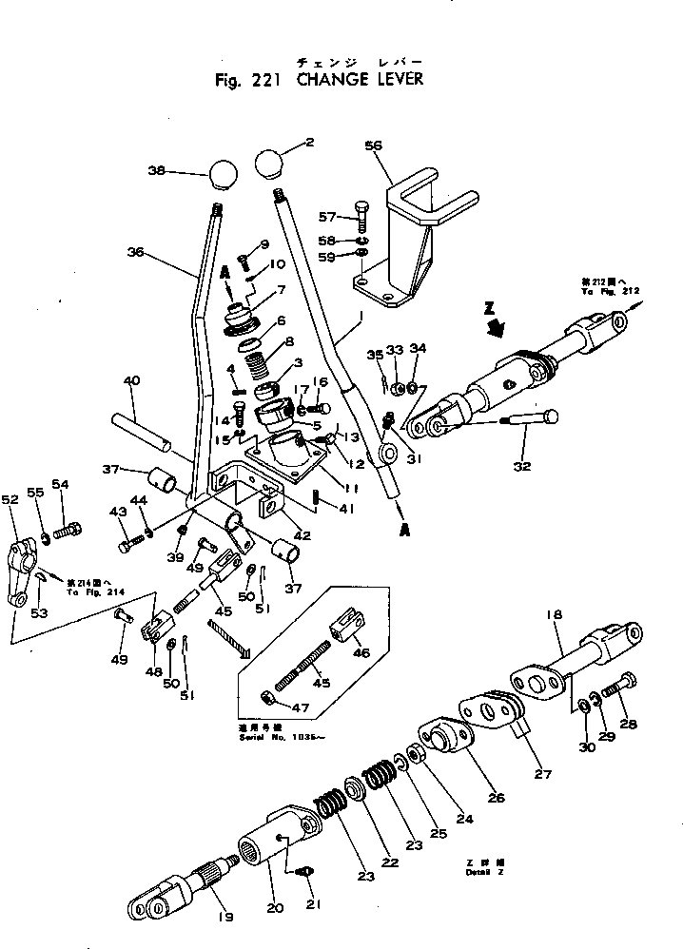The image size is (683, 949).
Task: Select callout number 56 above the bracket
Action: [x=373, y=145]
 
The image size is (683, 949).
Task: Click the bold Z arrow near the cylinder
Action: [x=493, y=326]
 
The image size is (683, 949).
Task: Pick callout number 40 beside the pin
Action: [x=131, y=381]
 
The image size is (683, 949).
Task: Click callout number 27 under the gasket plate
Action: [x=542, y=773]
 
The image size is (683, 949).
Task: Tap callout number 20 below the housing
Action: [x=275, y=908]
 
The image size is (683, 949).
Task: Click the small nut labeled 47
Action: [x=270, y=699]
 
